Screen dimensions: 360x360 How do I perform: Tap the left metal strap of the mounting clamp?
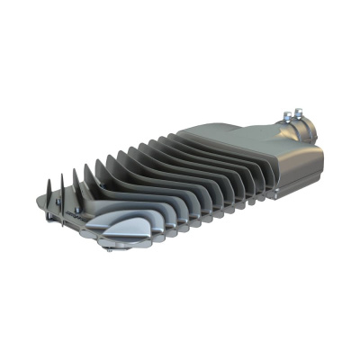coord(286,125)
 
